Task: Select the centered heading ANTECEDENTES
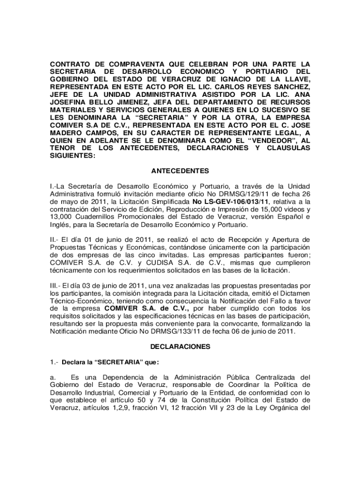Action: click(180, 171)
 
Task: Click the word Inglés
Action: click(60, 224)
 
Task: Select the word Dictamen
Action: click(296, 293)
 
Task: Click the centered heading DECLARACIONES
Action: click(180, 347)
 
